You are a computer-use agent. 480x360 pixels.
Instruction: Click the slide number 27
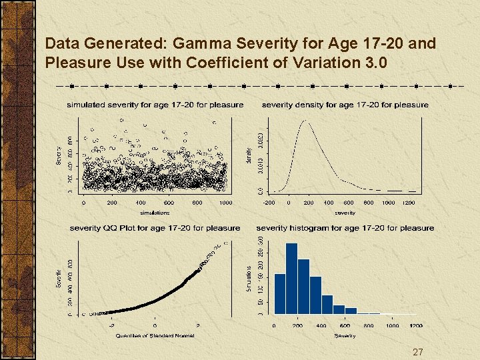tap(418, 352)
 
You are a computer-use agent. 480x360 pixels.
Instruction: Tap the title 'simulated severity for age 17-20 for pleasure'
tap(155, 105)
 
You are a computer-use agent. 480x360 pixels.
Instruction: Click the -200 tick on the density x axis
tap(269, 203)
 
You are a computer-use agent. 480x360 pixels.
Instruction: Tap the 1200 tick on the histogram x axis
tap(416, 326)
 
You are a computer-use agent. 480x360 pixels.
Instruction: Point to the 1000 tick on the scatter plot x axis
tap(226, 203)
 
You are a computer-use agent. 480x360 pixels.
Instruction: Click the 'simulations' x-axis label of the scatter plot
tap(155, 213)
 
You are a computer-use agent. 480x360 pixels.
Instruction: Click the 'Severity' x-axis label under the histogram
tap(345, 335)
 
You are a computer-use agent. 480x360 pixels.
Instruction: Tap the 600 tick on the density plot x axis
tap(348, 203)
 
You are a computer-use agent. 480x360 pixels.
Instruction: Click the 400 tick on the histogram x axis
tap(321, 326)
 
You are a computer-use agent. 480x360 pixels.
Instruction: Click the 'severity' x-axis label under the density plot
tap(345, 213)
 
